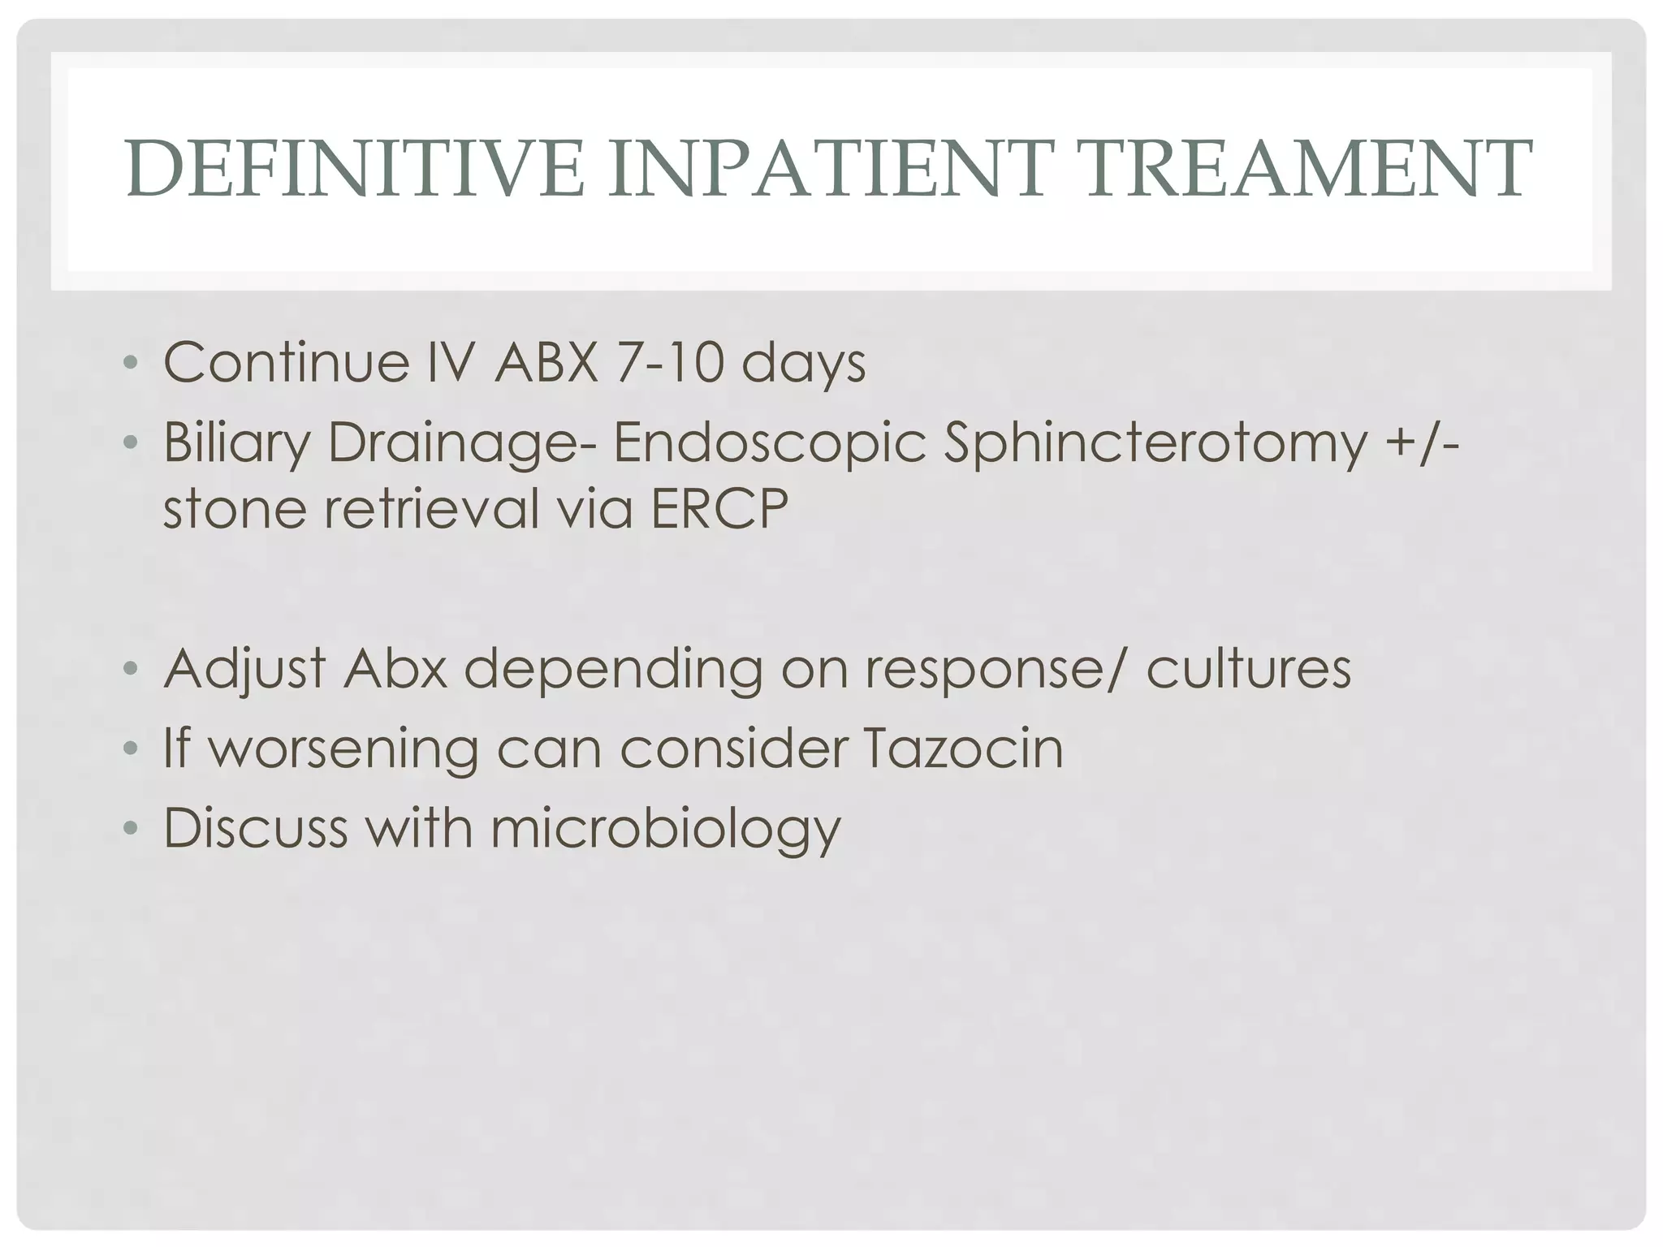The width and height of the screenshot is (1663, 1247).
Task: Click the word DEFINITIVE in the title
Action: pos(355,169)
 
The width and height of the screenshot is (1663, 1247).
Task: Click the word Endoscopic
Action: pos(769,444)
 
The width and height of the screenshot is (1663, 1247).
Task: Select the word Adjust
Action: pos(244,668)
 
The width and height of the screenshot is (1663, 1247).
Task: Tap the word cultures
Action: pos(1248,668)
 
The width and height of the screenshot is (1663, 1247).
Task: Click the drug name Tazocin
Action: pos(961,748)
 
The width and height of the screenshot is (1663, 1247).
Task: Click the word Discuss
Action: pos(255,827)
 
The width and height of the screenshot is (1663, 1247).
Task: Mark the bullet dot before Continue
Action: pos(130,363)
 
